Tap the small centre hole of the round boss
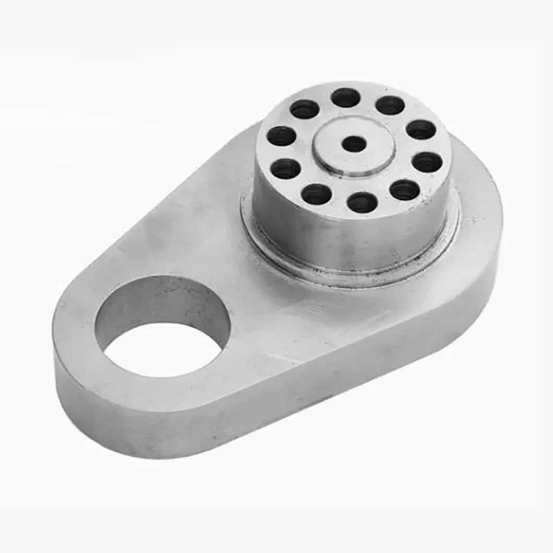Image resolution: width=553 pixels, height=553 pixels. click(354, 144)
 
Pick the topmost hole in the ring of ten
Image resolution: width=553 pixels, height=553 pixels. click(345, 98)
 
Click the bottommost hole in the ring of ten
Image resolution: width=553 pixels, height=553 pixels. click(362, 202)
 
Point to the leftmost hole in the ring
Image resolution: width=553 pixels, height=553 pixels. click(281, 136)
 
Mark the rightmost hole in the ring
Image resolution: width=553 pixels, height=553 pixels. click(427, 163)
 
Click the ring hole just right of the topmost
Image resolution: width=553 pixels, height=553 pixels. click(390, 105)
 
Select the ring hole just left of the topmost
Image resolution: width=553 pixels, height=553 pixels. click(305, 110)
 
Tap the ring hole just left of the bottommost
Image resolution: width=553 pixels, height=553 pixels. click(317, 194)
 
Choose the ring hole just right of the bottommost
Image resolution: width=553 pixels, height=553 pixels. click(405, 190)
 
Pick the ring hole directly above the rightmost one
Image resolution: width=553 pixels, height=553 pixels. click(420, 130)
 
